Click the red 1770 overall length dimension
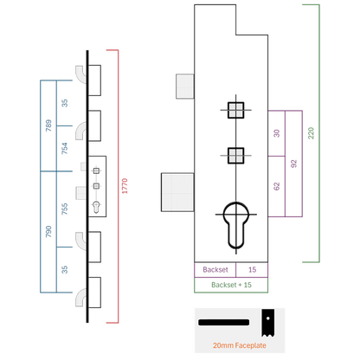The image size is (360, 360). [125, 186]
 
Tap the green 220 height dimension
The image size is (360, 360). [311, 133]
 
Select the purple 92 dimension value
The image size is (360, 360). [293, 164]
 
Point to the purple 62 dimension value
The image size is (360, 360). [276, 186]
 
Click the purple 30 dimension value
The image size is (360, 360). [276, 133]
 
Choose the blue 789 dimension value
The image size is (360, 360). [48, 125]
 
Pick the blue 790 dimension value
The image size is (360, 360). [48, 232]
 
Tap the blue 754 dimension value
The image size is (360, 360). [64, 148]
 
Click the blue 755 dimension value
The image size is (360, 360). [64, 209]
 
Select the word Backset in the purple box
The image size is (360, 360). [215, 270]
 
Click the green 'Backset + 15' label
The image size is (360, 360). [231, 285]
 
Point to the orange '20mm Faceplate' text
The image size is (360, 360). [240, 345]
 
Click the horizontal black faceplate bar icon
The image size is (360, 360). [223, 322]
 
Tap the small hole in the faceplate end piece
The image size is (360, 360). [268, 318]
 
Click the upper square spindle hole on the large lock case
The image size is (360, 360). [236, 110]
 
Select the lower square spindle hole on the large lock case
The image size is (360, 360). [236, 156]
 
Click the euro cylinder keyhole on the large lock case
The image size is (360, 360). [236, 225]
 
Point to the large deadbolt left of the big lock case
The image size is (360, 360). [177, 192]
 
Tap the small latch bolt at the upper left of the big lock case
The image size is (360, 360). [185, 87]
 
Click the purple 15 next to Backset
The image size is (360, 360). [252, 270]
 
